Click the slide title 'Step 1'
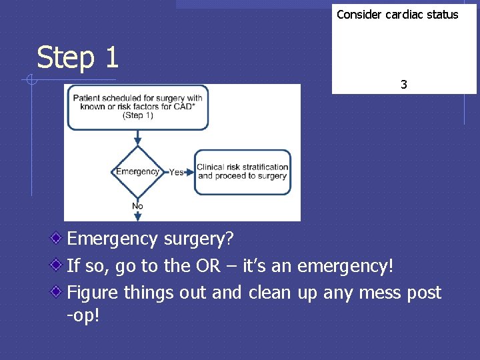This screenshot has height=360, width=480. (x=77, y=57)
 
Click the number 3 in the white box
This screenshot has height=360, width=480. (x=403, y=85)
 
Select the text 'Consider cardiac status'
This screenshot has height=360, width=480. (x=397, y=14)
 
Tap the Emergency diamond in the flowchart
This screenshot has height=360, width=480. (x=137, y=171)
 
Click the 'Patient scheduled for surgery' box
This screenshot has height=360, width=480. (x=137, y=107)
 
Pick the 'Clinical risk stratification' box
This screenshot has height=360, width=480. (x=242, y=171)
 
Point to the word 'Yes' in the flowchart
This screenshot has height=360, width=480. (x=177, y=172)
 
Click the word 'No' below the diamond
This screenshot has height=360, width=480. (x=137, y=206)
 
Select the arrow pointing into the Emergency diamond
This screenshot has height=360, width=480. (x=137, y=138)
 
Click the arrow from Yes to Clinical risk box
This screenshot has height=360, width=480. (x=189, y=172)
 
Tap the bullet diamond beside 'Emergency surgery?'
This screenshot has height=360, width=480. (x=59, y=237)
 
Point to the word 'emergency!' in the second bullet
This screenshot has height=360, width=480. (x=346, y=267)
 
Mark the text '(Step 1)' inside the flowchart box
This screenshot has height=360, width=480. (x=137, y=115)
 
